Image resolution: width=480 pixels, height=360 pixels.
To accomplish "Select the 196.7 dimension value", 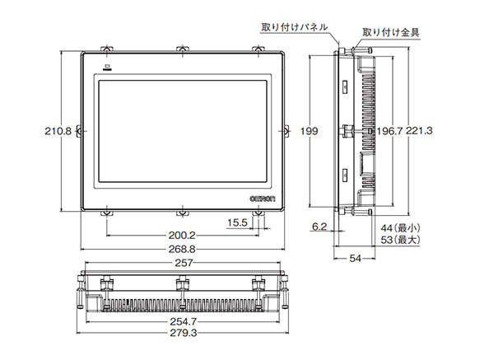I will [390, 131].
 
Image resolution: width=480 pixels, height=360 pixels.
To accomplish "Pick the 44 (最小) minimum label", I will [400, 227].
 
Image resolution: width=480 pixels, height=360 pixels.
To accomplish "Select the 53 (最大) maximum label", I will [400, 240].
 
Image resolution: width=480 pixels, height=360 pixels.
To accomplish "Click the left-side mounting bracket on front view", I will [79, 130].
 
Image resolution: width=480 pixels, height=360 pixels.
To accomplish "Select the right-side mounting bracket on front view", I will [287, 130].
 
